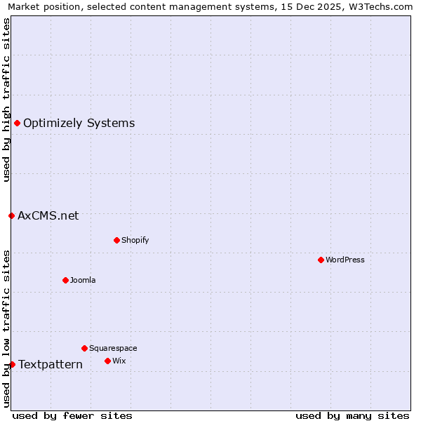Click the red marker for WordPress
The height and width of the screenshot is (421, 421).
(321, 260)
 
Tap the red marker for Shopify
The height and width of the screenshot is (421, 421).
(116, 240)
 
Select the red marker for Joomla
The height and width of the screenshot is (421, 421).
(65, 280)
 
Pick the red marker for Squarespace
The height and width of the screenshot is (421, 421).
(84, 348)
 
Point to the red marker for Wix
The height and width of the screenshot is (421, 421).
(107, 361)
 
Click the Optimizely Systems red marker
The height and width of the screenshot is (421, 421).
(17, 123)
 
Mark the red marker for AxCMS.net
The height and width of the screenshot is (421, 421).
(11, 215)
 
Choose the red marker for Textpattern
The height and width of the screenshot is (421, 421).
(12, 364)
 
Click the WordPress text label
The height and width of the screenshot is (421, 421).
(345, 260)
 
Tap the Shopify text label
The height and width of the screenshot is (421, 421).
(135, 240)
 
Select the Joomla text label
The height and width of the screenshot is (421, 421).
(83, 280)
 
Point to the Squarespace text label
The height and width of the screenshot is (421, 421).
(113, 348)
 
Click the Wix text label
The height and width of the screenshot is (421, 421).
(119, 361)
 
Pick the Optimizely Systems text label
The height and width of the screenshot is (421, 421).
(79, 123)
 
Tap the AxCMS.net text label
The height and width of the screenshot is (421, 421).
(48, 215)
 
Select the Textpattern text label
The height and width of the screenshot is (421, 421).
(51, 364)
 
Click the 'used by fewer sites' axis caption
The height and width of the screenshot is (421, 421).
(72, 415)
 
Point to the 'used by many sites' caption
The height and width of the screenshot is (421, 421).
(352, 415)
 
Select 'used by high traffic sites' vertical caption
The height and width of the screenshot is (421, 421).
(6, 100)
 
